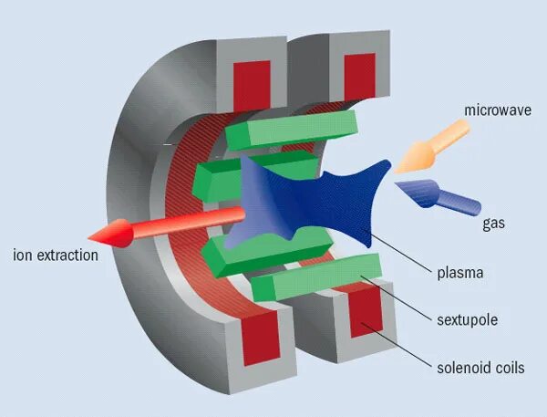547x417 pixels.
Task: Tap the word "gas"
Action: [493, 222]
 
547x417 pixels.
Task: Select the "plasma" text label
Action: [459, 272]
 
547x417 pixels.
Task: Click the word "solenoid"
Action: [460, 369]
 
